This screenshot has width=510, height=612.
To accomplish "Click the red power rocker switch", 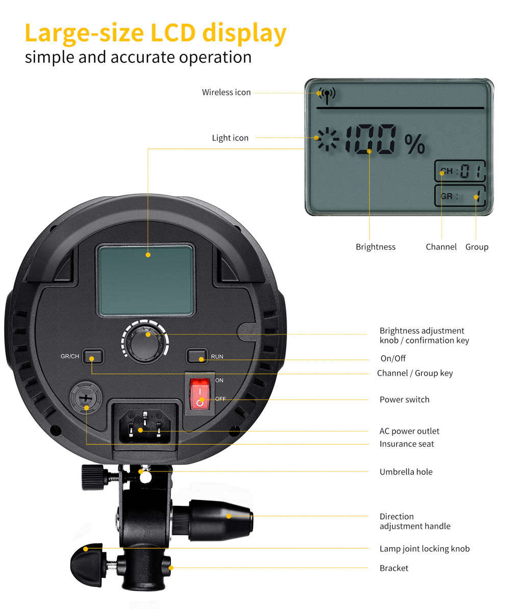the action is tap(199, 394).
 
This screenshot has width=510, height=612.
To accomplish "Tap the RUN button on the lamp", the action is tap(197, 356).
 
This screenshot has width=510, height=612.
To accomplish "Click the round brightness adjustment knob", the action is tap(145, 342).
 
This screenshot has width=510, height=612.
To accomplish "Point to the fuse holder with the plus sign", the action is tap(86, 398).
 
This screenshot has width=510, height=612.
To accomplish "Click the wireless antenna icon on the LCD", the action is tap(327, 95).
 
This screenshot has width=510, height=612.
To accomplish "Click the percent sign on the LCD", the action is tap(415, 144).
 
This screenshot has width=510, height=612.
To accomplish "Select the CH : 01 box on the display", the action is tap(460, 170).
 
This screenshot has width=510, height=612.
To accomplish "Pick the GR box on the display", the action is tap(460, 195).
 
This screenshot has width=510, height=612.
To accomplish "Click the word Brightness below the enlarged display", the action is tap(375, 247).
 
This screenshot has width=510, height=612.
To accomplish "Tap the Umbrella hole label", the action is tap(406, 472).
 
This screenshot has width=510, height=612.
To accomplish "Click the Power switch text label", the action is tap(404, 399).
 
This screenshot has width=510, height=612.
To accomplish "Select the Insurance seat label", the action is tap(406, 444).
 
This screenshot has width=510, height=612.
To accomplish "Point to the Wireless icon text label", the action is tap(226, 92).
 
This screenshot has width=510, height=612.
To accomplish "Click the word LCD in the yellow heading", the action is tap(173, 32).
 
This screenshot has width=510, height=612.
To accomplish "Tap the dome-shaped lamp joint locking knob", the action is tap(87, 565).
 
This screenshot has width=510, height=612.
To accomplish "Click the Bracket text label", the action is tap(394, 568).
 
